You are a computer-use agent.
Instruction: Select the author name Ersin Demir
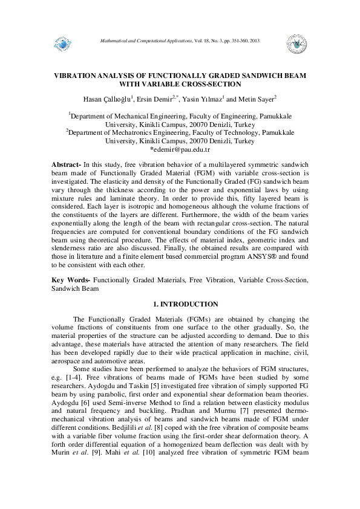tap(154, 99)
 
